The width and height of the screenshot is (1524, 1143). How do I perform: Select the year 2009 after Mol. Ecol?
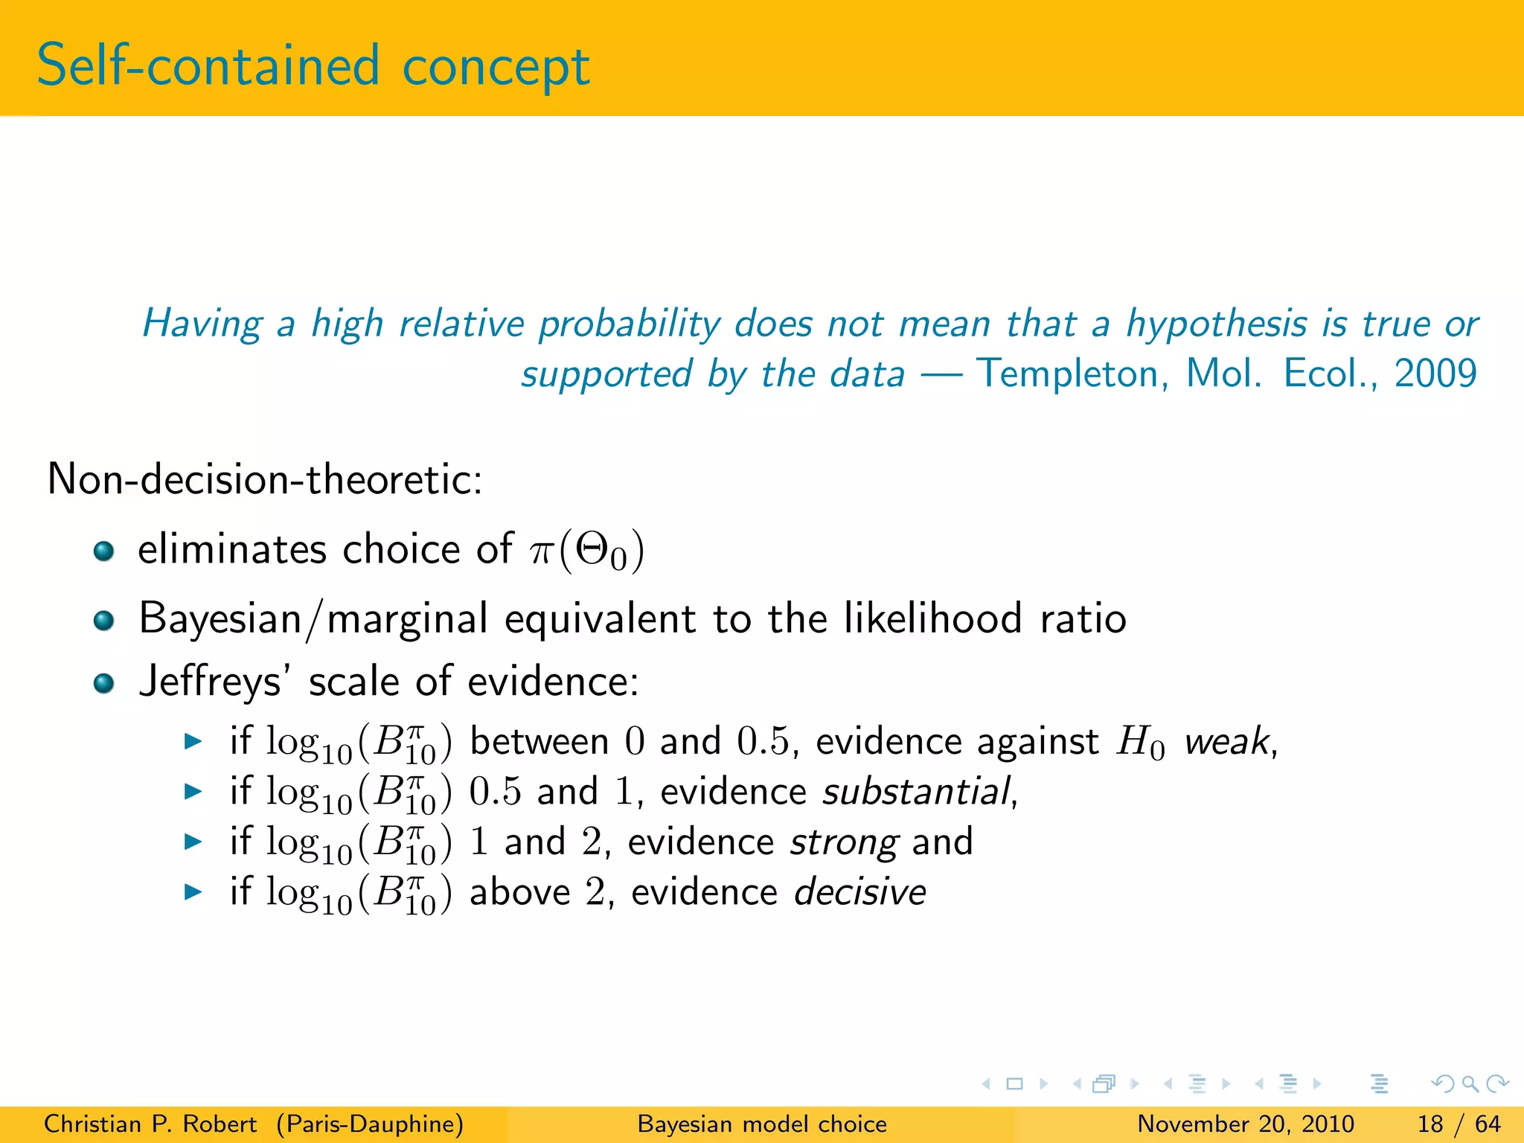coord(1435,374)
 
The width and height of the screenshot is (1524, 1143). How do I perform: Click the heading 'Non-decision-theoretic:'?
coord(265,479)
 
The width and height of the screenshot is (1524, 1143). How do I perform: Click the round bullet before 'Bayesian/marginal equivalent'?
coord(103,620)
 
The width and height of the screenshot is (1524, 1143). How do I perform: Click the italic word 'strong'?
coord(844,842)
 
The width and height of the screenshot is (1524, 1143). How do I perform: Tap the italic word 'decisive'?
coord(860,892)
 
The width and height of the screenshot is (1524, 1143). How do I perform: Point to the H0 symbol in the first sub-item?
coord(1140,743)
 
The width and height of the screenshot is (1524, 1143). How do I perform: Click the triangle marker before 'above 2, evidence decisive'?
coord(193,891)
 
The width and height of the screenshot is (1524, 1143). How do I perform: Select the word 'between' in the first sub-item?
coord(540,742)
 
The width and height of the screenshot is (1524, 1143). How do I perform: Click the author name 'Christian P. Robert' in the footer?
coord(150,1124)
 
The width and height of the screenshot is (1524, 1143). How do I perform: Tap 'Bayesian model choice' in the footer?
coord(762,1124)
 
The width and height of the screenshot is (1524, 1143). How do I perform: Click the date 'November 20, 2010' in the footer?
coord(1245,1124)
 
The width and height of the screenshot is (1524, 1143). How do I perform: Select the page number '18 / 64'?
coord(1459,1124)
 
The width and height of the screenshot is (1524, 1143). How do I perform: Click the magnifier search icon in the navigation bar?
coord(1470,1083)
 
